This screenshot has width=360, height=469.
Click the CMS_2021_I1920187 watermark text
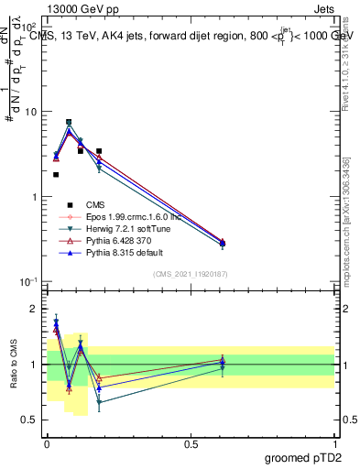(x=191, y=274)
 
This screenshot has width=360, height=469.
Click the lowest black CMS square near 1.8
(x=56, y=174)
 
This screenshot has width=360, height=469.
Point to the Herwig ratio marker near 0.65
(x=99, y=402)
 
